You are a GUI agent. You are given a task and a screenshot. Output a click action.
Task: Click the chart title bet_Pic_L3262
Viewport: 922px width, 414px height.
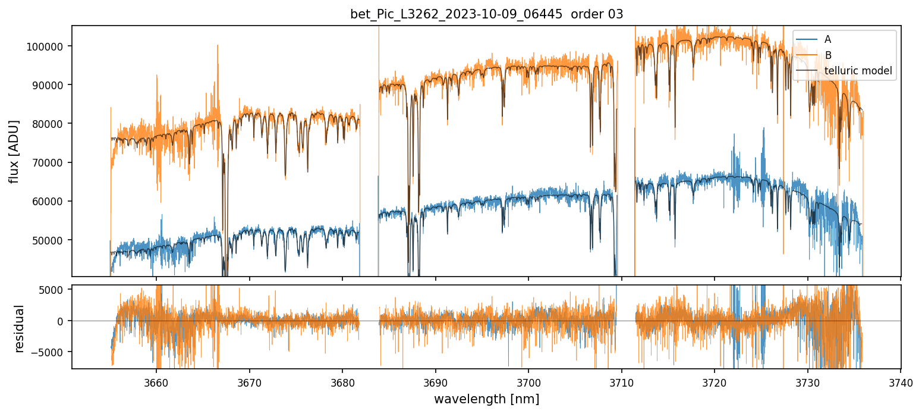point(486,14)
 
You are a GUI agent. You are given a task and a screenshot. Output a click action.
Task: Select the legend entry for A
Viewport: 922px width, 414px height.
point(827,39)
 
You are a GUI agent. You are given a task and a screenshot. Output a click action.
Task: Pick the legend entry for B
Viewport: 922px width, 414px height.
point(827,55)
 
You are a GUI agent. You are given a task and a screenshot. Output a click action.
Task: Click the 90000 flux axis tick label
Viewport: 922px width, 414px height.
point(51,85)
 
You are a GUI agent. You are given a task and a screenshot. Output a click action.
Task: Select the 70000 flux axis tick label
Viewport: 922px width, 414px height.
point(51,162)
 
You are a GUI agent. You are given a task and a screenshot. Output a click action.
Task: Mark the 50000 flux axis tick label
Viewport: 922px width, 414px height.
point(51,240)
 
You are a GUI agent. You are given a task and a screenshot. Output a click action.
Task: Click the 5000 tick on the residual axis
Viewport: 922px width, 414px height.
point(55,290)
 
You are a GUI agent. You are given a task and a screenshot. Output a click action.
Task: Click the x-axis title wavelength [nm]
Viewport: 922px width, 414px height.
point(486,399)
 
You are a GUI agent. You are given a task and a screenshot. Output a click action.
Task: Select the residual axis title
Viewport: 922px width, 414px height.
point(19,328)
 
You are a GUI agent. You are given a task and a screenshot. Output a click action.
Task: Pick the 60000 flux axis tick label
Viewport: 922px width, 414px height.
point(51,202)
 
